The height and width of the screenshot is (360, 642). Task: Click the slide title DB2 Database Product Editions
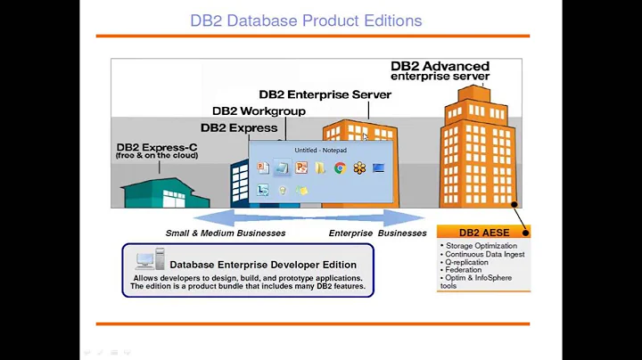click(x=307, y=20)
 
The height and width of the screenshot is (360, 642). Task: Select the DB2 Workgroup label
click(x=259, y=111)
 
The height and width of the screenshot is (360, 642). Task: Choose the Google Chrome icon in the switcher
click(x=340, y=168)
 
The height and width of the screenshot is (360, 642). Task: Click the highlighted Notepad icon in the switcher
click(x=282, y=168)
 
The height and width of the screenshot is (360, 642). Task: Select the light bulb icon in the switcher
click(x=282, y=190)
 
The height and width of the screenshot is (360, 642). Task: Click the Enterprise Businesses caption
click(x=378, y=233)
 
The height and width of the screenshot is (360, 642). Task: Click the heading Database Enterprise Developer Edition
click(x=262, y=265)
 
